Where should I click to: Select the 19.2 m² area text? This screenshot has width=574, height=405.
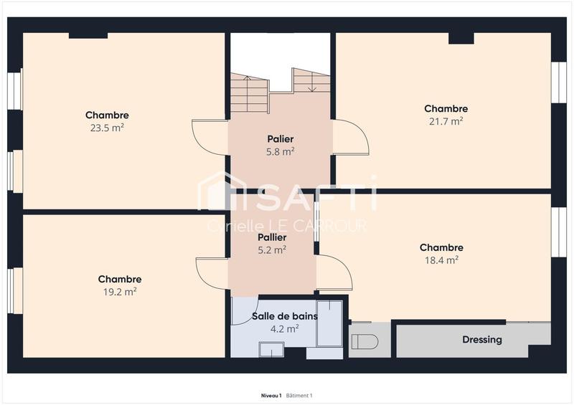[120, 292]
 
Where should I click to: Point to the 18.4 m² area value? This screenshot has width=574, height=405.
[441, 261]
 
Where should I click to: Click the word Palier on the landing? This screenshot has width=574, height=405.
[280, 139]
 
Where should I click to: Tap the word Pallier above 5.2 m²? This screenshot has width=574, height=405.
[272, 237]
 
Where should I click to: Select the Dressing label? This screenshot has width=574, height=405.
[482, 340]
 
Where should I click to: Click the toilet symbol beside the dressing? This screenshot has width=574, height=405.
[364, 341]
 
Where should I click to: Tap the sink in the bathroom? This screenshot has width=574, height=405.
[271, 350]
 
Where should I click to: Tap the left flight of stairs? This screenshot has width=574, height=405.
[249, 94]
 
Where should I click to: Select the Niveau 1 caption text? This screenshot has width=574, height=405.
[270, 396]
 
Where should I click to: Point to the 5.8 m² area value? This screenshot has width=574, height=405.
[280, 151]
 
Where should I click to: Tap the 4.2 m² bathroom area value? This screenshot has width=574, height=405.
[284, 329]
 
